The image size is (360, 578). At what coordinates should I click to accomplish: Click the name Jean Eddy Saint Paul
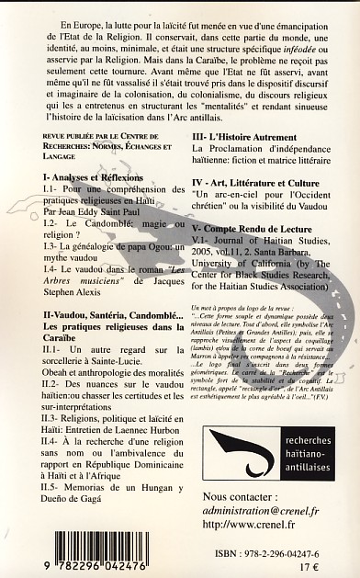(x=105, y=207)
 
